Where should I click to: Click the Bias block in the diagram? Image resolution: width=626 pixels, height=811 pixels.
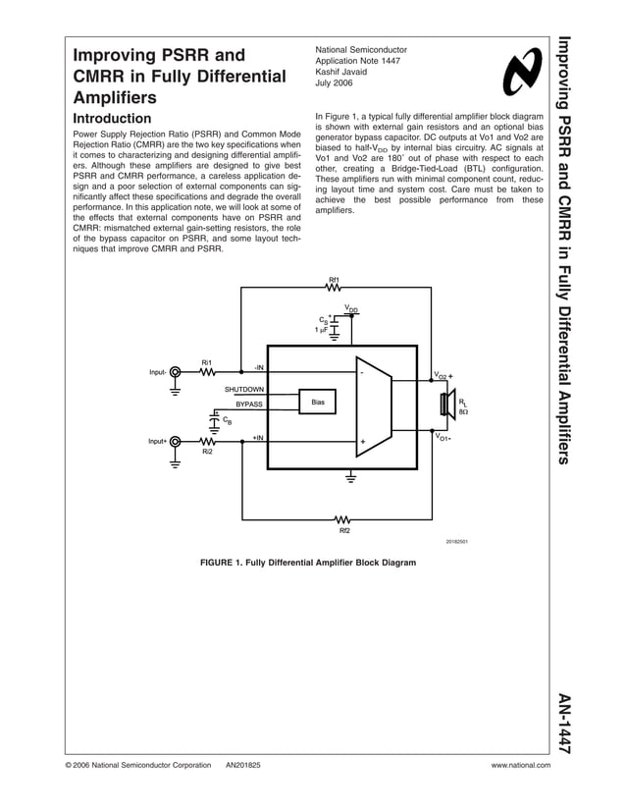point(317,403)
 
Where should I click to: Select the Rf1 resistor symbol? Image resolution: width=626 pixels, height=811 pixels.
point(334,288)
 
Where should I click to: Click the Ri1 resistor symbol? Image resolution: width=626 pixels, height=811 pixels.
point(207,372)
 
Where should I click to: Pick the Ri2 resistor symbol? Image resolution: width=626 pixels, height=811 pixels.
point(207,441)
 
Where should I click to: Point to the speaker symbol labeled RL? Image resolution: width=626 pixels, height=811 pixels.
point(446,405)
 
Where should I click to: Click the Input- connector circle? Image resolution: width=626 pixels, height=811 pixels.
point(176,372)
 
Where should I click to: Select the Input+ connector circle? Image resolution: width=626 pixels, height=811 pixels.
point(176,441)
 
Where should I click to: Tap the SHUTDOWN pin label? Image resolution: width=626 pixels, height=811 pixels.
point(244,390)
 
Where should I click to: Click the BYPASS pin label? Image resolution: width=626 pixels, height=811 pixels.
point(249,404)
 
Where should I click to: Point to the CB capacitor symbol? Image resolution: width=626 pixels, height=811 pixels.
point(213,419)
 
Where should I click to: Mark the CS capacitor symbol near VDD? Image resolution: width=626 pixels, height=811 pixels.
point(334,322)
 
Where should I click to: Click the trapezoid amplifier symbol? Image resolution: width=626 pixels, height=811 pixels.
point(374,406)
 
